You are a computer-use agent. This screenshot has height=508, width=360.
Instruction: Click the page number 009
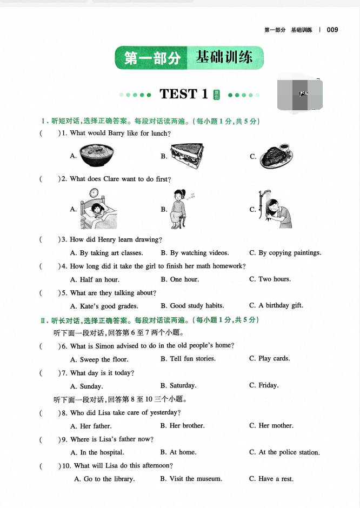point(332,30)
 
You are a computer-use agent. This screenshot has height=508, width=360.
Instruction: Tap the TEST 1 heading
point(184,94)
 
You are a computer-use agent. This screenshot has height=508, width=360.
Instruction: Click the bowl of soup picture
point(97,155)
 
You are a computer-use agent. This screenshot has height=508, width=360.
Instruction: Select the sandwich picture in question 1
point(187,156)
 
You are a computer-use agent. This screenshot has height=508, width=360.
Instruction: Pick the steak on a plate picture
point(276,156)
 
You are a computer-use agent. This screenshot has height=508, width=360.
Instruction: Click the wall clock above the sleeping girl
point(94,193)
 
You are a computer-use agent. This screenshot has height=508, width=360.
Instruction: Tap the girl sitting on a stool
point(178,209)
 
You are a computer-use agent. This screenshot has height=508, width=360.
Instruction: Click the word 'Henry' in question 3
point(106,239)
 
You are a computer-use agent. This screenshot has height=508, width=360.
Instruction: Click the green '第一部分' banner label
point(152,58)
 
